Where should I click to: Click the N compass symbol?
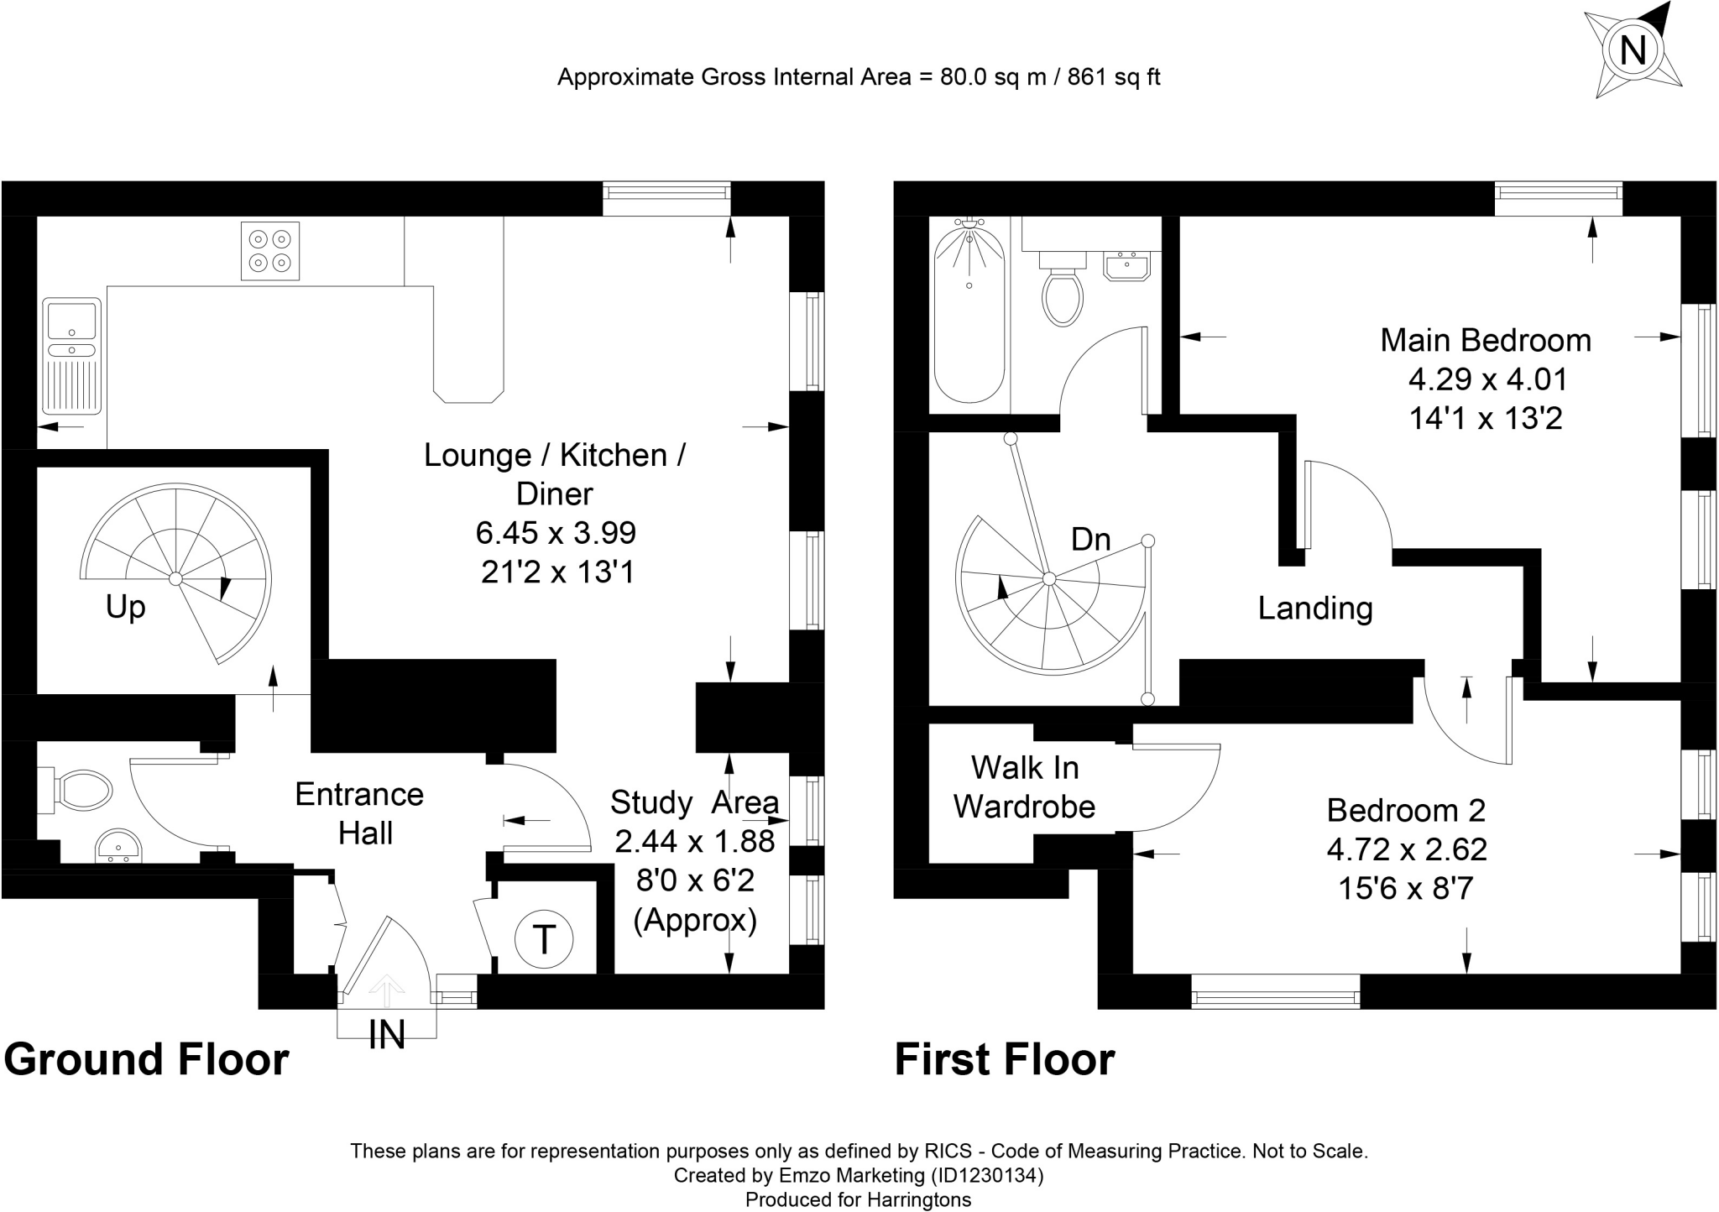coord(1632,50)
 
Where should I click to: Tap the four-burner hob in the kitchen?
coord(270,250)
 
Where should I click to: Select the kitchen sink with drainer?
coord(72,356)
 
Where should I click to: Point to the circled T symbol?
coord(544,938)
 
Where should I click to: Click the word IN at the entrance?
coord(386,1035)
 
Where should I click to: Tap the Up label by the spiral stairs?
coord(126,607)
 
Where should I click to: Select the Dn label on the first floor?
coord(1091,539)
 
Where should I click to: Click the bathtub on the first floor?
coord(969,311)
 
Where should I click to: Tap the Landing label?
coord(1315,609)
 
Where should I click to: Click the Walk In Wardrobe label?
coord(1025,787)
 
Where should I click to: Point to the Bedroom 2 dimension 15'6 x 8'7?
coord(1406,888)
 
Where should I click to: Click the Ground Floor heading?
coord(147,1060)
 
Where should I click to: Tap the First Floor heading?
coord(1005,1060)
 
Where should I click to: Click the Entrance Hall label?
coord(359,813)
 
